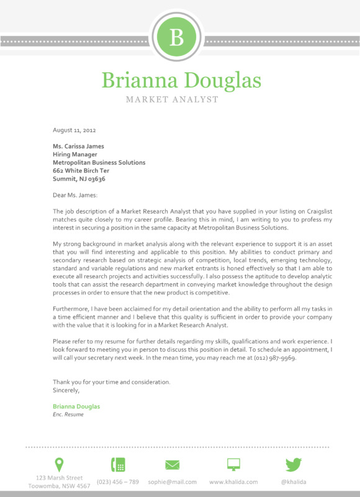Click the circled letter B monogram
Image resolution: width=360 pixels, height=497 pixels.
[x=177, y=38]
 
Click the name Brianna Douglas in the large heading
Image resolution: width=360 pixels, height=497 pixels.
[x=181, y=80]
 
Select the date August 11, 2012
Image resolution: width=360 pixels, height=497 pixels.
[x=74, y=130]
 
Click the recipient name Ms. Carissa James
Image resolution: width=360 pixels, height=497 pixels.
[x=78, y=147]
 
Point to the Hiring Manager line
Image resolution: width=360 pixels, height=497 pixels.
[x=74, y=155]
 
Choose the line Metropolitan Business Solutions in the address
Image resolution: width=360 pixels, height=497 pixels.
[x=99, y=163]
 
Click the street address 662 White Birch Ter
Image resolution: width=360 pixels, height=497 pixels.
[x=81, y=171]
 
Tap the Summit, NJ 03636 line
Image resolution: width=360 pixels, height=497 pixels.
[x=79, y=179]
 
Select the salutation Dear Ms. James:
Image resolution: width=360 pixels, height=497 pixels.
[x=75, y=195]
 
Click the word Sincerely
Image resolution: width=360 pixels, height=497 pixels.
[x=66, y=390]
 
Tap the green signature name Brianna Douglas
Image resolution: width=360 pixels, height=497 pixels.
[x=76, y=406]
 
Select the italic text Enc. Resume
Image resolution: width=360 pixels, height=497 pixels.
[x=68, y=414]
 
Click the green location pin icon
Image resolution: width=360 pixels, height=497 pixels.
[x=59, y=464]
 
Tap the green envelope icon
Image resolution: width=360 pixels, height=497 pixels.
[x=172, y=465]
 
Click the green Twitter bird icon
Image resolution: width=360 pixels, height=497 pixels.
[x=293, y=465]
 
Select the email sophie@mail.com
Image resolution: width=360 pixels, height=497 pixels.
[x=172, y=482]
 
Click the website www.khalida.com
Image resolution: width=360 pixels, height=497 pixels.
[x=233, y=482]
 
